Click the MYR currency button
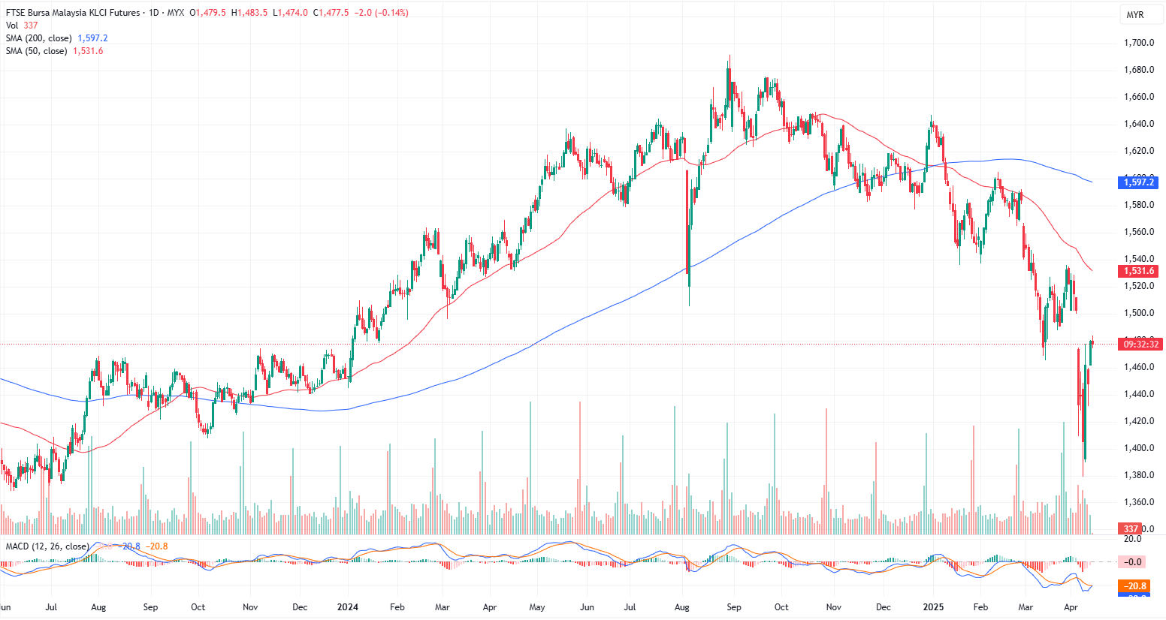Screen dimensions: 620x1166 (x=1134, y=15)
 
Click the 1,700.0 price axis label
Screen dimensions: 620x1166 (x=1139, y=43)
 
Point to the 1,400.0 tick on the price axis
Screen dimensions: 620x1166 (x=1139, y=448)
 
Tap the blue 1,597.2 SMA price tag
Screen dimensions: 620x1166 (x=1139, y=182)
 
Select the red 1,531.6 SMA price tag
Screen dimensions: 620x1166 (x=1139, y=271)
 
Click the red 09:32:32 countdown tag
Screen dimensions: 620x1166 (x=1139, y=344)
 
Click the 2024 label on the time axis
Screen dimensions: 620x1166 (x=348, y=607)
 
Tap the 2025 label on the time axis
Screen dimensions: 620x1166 (x=933, y=607)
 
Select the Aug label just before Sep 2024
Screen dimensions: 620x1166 (x=682, y=607)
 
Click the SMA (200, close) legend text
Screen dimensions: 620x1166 (x=39, y=38)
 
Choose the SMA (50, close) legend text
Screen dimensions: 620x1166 (x=37, y=51)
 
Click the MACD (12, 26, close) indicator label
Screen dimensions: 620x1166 (x=47, y=546)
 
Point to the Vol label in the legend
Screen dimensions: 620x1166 (x=12, y=26)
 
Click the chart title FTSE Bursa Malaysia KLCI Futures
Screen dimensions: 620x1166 (x=73, y=13)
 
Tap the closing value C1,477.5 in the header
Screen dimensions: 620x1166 (x=331, y=13)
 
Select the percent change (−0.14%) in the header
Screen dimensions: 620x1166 (x=391, y=13)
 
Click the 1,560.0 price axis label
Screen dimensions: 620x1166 (x=1139, y=232)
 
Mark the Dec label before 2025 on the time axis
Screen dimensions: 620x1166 (x=883, y=607)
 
